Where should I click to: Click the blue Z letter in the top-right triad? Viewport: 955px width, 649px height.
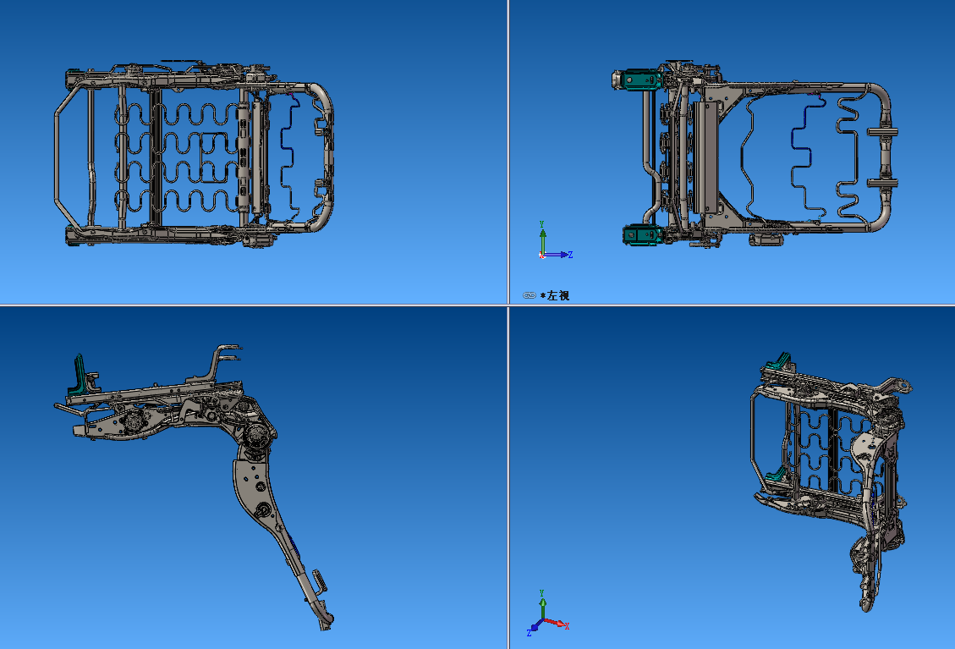pyautogui.click(x=571, y=254)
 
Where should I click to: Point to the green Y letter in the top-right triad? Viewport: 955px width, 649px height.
pyautogui.click(x=542, y=224)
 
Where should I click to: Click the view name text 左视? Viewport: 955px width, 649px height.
pyautogui.click(x=558, y=295)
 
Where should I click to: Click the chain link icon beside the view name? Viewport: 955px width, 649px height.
pyautogui.click(x=530, y=295)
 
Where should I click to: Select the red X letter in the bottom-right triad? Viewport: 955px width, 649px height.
pyautogui.click(x=567, y=626)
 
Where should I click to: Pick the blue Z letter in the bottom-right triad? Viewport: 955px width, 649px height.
pyautogui.click(x=529, y=632)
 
